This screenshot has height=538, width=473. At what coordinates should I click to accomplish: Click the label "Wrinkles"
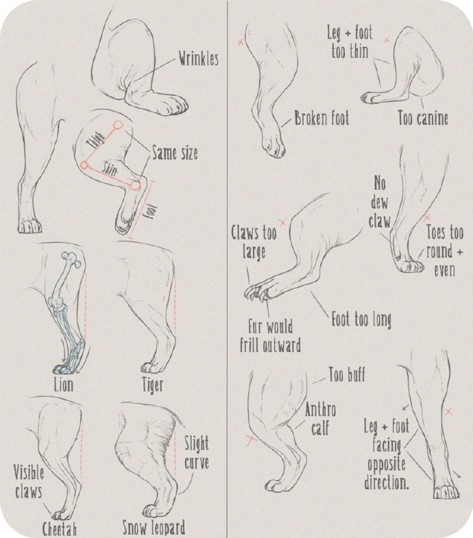(198, 59)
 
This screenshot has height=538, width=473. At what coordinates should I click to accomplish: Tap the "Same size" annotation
(175, 153)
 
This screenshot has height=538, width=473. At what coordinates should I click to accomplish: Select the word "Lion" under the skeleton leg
(64, 385)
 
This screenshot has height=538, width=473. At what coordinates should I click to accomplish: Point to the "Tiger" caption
(152, 386)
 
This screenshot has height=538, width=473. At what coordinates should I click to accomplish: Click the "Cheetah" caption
(59, 528)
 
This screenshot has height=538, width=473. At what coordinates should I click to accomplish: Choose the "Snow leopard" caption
(154, 528)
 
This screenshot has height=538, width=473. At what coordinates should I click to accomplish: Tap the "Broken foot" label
(322, 119)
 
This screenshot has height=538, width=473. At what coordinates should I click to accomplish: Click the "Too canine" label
(423, 119)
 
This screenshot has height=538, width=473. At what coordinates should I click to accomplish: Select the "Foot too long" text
(361, 320)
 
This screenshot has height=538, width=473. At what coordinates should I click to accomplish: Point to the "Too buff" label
(347, 374)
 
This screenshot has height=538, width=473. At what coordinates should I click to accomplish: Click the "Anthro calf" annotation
(320, 419)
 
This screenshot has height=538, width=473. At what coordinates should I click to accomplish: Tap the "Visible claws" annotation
(29, 482)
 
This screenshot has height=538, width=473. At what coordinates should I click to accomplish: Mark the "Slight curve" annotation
(196, 453)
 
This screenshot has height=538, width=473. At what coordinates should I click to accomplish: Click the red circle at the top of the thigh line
(118, 125)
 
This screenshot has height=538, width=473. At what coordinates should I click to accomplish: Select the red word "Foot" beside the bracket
(151, 212)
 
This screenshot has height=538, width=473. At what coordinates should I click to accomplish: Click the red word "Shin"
(109, 170)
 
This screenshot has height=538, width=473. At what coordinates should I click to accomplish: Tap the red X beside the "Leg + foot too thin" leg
(387, 40)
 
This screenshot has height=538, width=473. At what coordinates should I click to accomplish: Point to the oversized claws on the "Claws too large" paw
(256, 293)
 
